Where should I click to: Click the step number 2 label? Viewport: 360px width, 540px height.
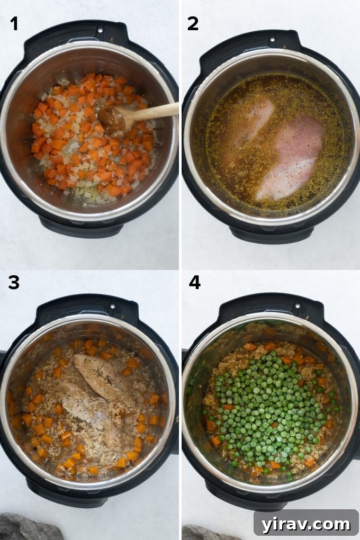pyautogui.click(x=193, y=23)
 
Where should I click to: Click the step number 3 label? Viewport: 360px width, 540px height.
pyautogui.click(x=14, y=283)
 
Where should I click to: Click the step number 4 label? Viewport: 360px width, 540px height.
pyautogui.click(x=194, y=283)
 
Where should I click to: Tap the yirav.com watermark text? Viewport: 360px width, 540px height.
pyautogui.click(x=305, y=524)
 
